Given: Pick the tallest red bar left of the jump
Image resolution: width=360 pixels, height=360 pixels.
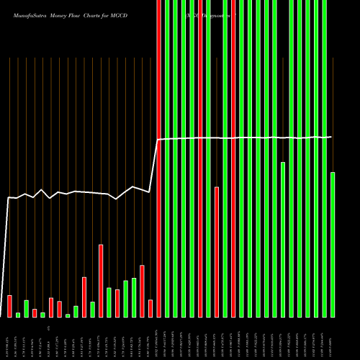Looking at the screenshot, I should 101,281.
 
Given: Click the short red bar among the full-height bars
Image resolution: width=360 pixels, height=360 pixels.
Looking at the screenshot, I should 216,252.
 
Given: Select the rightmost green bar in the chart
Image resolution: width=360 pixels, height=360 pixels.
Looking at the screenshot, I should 332,245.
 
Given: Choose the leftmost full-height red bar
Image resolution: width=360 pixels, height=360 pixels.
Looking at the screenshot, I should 158,158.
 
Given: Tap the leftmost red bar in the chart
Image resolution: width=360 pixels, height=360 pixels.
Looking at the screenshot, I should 10,306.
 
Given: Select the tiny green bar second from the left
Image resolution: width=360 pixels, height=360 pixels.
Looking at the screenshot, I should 18,315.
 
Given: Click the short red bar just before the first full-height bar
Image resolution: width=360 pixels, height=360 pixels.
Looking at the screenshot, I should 150,308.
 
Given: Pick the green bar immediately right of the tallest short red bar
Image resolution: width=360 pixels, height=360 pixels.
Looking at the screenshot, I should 109,302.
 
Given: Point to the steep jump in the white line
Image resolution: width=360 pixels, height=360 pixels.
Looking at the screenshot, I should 153,166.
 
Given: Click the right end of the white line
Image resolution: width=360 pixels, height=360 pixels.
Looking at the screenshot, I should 331,137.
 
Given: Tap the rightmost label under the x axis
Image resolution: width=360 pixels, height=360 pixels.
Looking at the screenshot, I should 332,338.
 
